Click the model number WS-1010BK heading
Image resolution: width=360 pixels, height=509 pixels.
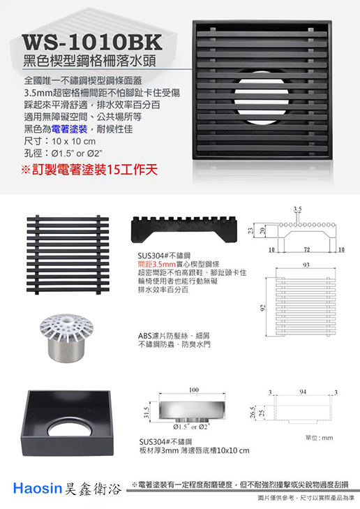tap(92, 42)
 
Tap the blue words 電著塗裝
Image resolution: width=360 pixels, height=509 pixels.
tap(69, 129)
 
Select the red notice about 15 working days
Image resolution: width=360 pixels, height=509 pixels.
tap(89, 170)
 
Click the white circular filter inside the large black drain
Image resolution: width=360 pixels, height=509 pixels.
tap(261, 97)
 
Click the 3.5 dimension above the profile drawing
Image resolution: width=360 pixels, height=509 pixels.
tap(297, 209)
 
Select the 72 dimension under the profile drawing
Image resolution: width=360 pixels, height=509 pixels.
tap(306, 250)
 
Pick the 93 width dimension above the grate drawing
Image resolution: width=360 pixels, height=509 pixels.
tap(306, 265)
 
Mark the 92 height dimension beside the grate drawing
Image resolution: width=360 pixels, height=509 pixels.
tap(263, 307)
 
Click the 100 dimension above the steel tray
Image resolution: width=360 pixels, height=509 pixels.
tap(193, 390)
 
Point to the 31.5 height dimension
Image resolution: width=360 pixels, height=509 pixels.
tap(146, 412)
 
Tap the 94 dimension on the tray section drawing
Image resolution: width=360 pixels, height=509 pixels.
tap(303, 392)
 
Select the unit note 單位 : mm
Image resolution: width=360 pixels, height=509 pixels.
tap(319, 438)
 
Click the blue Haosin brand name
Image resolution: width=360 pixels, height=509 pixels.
tap(37, 488)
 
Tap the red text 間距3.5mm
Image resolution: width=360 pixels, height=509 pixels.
tap(157, 264)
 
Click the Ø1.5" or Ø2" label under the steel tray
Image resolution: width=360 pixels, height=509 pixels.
tap(190, 427)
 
